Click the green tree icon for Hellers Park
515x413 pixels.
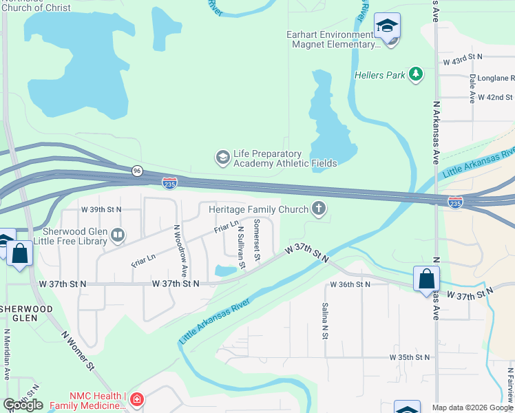(x=415, y=74)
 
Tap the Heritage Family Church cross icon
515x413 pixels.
(x=318, y=208)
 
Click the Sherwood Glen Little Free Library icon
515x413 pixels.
(x=118, y=236)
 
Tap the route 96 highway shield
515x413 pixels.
(x=138, y=171)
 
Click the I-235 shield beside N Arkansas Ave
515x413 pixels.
(x=454, y=202)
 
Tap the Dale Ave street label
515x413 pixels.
(x=472, y=89)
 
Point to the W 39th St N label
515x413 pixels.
(x=101, y=209)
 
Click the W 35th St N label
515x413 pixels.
(x=409, y=357)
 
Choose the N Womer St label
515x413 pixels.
(x=77, y=351)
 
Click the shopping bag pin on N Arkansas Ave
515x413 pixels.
(x=426, y=279)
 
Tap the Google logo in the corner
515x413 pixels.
(x=23, y=405)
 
